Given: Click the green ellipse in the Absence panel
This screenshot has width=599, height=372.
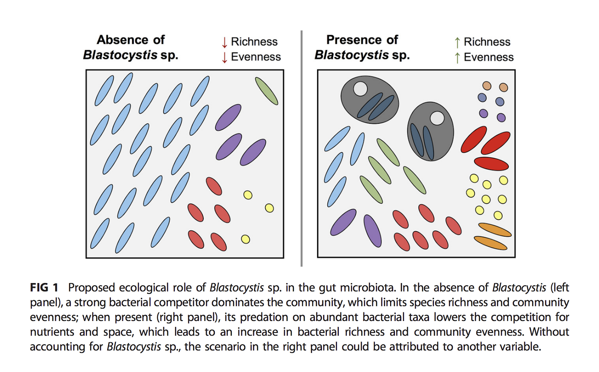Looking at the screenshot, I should click(x=267, y=91).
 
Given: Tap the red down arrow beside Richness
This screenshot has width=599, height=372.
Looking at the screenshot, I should click(x=224, y=42).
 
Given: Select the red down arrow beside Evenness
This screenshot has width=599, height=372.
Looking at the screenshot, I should click(x=224, y=57).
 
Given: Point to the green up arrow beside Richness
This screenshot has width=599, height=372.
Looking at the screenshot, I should click(x=457, y=42).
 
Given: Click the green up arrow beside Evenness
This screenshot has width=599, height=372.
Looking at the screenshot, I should click(x=457, y=58).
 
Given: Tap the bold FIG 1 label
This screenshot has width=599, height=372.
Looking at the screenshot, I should click(x=44, y=288).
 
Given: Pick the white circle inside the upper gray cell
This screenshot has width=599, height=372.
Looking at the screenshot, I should click(x=360, y=89).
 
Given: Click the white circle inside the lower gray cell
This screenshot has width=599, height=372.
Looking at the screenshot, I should click(x=437, y=118).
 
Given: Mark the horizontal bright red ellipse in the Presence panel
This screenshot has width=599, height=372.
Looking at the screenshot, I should click(x=491, y=163).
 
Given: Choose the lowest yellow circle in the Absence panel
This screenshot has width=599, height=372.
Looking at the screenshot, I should click(x=246, y=239).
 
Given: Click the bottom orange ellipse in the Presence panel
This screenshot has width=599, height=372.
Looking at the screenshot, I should click(x=490, y=243).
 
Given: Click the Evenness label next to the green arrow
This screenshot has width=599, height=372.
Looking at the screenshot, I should click(x=489, y=57).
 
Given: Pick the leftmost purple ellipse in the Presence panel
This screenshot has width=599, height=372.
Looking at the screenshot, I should click(x=343, y=222).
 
